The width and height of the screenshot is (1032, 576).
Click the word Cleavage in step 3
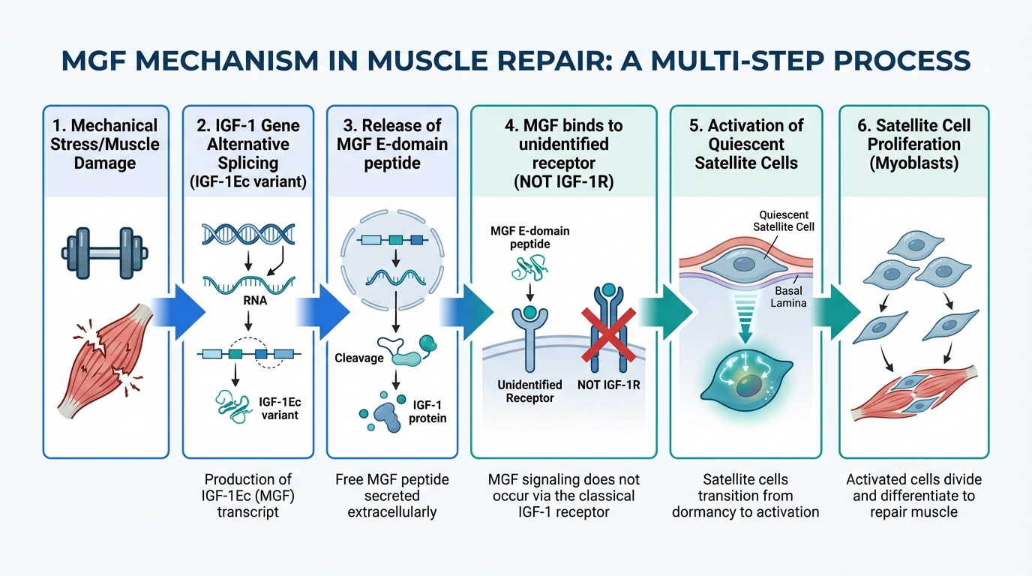358,358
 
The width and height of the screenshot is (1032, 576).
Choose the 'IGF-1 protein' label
427,411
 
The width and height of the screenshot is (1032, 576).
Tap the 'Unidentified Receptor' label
530,391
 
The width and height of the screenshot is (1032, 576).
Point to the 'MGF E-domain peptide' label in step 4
530,238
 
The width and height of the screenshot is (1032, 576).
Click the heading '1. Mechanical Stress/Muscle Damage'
104,143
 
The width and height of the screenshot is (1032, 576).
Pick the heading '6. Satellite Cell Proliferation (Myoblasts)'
913,143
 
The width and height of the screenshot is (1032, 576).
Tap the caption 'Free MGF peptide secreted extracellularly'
391,496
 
